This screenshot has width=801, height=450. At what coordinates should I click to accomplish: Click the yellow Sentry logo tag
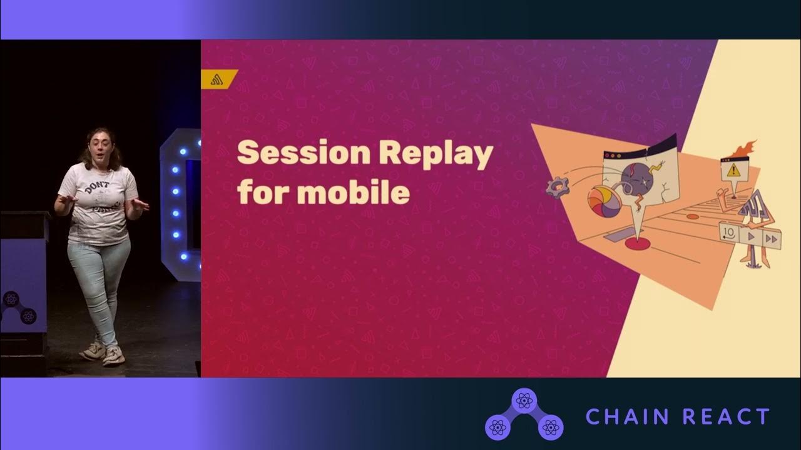point(219,79)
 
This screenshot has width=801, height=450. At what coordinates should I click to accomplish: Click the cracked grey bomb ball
point(638,181)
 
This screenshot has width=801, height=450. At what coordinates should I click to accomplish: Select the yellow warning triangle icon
point(732,169)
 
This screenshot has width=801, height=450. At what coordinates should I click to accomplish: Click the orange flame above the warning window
point(744,150)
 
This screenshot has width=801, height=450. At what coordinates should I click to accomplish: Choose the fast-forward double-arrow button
point(772,239)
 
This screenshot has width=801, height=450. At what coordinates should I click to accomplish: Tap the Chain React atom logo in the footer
point(524,414)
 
